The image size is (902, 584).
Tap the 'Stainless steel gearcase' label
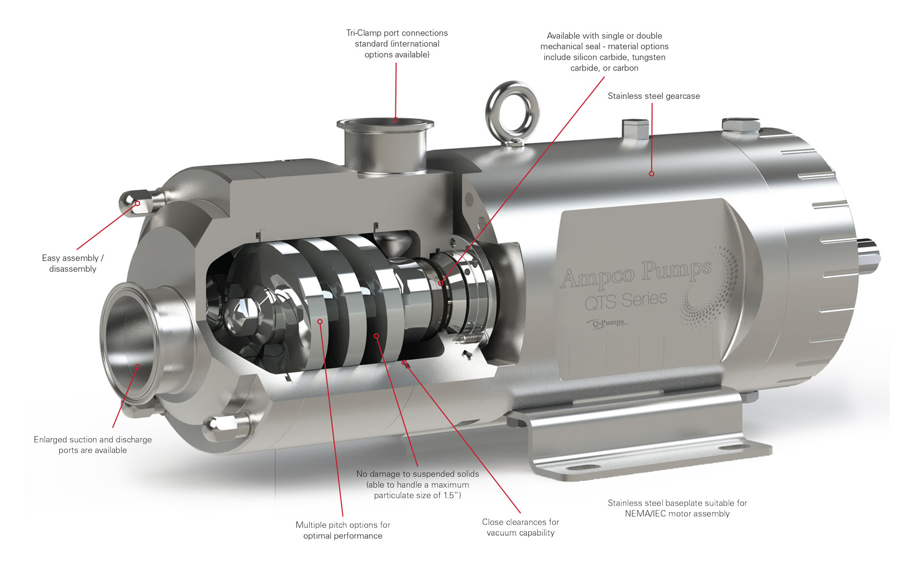pyautogui.click(x=654, y=96)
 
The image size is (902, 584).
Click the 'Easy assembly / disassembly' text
pyautogui.click(x=73, y=263)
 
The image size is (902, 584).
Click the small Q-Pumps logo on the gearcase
pyautogui.click(x=608, y=323)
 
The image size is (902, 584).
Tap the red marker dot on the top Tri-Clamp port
pyautogui.click(x=395, y=120)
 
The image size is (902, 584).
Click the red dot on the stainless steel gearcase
pyautogui.click(x=652, y=174)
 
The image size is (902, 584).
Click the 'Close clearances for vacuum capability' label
pyautogui.click(x=520, y=527)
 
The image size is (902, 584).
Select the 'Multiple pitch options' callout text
pyautogui.click(x=343, y=530)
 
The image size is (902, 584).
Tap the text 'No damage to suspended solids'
pyautogui.click(x=417, y=474)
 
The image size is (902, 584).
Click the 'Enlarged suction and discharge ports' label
pyautogui.click(x=93, y=444)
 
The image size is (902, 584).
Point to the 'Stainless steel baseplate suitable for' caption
pyautogui.click(x=677, y=503)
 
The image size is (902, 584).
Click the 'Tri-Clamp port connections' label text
pyautogui.click(x=397, y=33)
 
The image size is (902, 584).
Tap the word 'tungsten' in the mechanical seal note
pyautogui.click(x=648, y=57)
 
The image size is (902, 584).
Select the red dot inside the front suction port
pyautogui.click(x=138, y=366)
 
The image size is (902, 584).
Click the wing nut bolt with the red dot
pyautogui.click(x=138, y=203)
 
